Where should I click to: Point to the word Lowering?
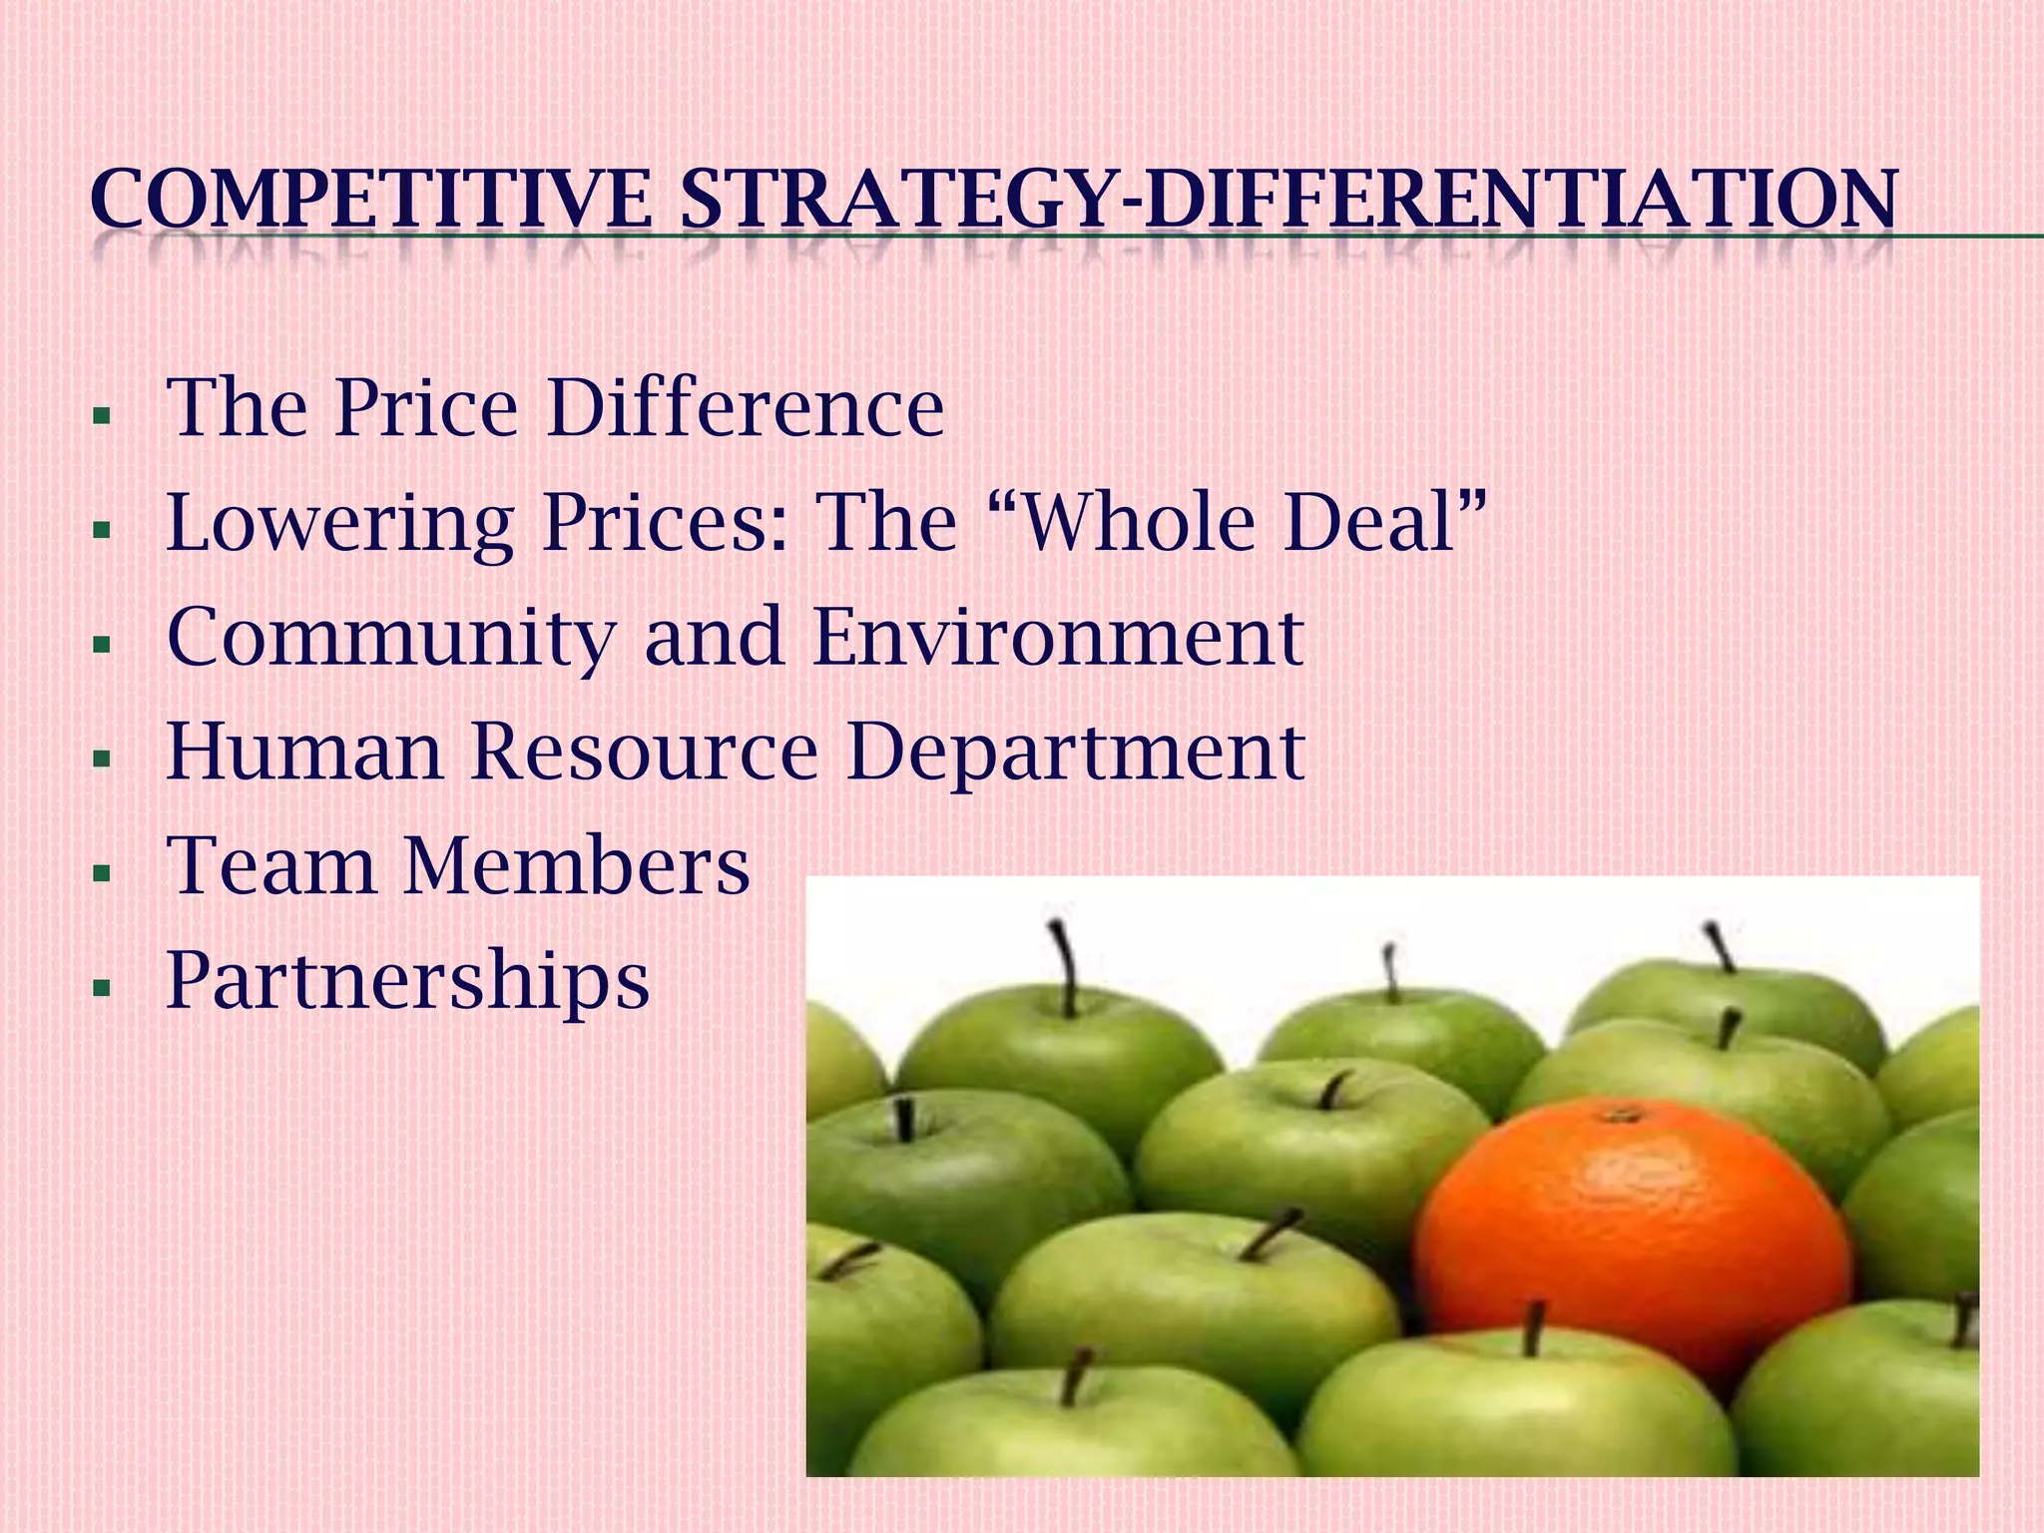pos(339,523)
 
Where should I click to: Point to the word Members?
pos(577,865)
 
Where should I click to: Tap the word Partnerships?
pos(408,982)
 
